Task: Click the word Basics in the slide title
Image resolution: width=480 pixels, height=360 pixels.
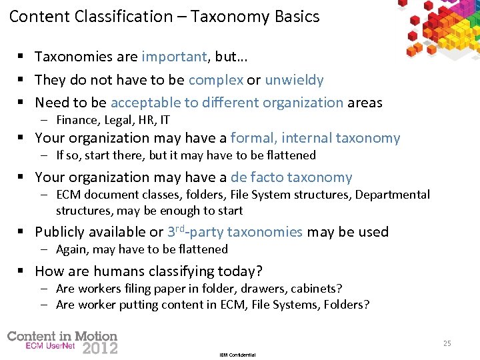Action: pyautogui.click(x=297, y=16)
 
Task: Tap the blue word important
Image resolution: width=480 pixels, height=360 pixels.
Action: pyautogui.click(x=175, y=57)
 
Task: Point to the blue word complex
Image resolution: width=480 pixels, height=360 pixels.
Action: pyautogui.click(x=216, y=80)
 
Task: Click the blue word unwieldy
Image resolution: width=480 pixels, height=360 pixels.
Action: pyautogui.click(x=294, y=80)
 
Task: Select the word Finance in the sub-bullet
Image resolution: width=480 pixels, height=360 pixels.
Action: pyautogui.click(x=77, y=121)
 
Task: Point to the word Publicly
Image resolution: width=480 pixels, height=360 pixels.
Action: pyautogui.click(x=63, y=232)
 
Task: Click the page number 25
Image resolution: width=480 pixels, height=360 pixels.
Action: pyautogui.click(x=447, y=343)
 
